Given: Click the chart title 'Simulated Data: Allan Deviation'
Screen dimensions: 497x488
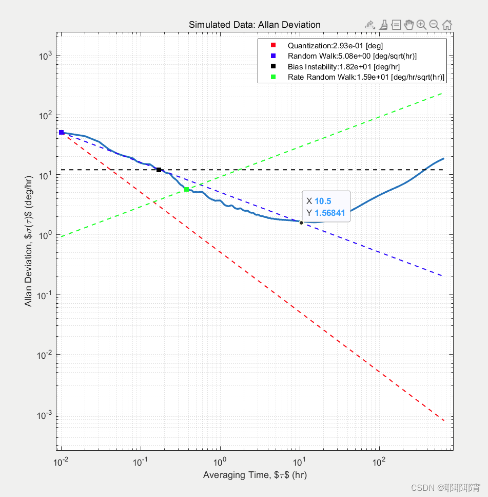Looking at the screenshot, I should (x=255, y=25).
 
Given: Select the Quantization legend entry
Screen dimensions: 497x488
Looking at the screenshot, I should (x=335, y=45).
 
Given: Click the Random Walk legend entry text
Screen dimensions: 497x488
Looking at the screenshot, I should (x=352, y=56).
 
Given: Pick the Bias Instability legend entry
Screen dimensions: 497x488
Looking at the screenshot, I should (x=343, y=66).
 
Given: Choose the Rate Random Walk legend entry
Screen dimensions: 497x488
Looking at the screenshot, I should (x=366, y=77).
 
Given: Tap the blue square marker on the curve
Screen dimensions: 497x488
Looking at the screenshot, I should (x=62, y=133).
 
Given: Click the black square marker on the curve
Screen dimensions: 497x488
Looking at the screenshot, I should (x=159, y=170).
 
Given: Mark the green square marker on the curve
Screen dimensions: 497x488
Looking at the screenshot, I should (x=186, y=190).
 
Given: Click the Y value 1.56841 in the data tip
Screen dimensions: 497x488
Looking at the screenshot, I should (x=329, y=213).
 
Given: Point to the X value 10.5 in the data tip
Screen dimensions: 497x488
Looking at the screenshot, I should (x=322, y=201).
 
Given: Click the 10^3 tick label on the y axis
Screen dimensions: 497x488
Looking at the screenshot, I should (x=46, y=56).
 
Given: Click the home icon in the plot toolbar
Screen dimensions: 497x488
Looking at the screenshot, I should (x=447, y=25).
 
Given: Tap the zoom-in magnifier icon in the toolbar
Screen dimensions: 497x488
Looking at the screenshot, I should (x=421, y=25).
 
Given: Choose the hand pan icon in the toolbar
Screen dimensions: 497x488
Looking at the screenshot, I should (x=408, y=25).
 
